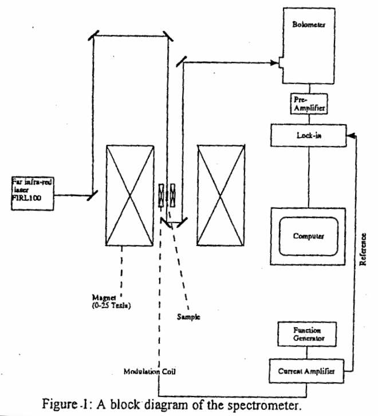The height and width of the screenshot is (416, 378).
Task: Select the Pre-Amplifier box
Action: (310, 105)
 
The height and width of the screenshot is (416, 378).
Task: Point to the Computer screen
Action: (308, 235)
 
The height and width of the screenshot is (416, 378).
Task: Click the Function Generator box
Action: (310, 334)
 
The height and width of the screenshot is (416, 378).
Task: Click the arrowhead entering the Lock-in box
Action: (351, 135)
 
